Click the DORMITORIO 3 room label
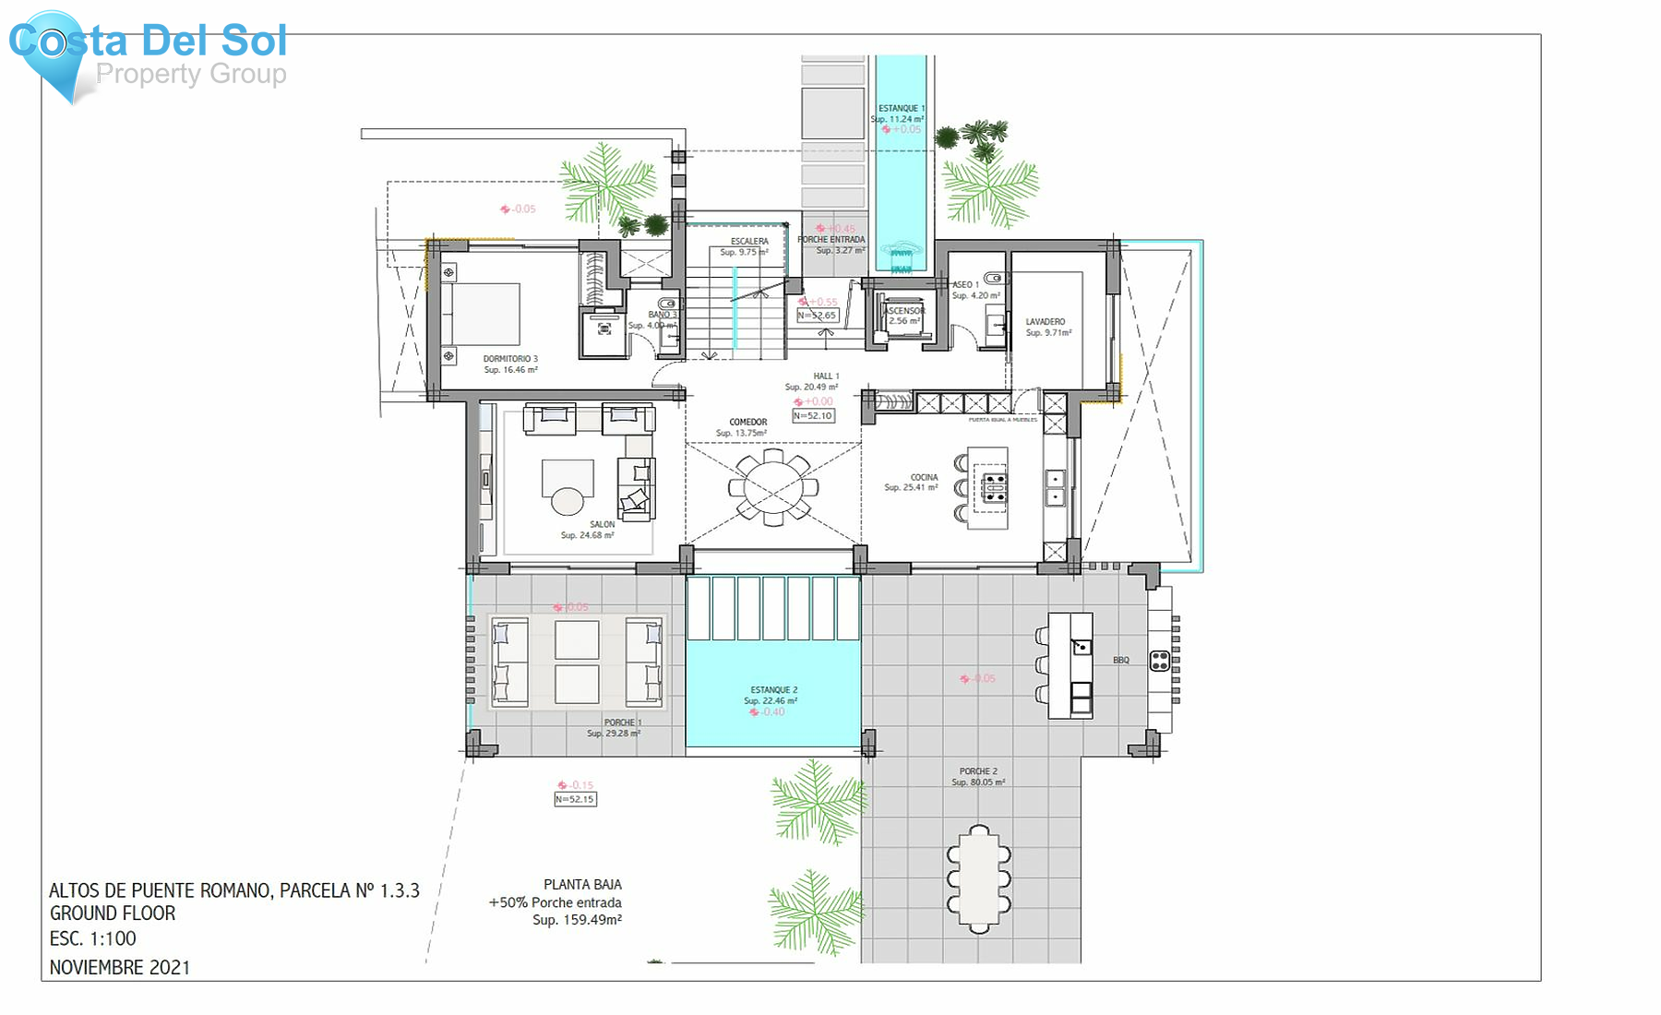(510, 359)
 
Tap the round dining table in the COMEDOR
(773, 487)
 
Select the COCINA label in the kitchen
(923, 477)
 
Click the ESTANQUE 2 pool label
(773, 690)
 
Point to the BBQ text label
(1120, 661)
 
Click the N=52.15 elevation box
(575, 799)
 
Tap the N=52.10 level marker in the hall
(813, 416)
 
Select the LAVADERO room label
(1045, 322)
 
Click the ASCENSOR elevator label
(904, 311)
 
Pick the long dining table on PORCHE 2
(978, 878)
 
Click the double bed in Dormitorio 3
(482, 314)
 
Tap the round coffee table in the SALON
(567, 501)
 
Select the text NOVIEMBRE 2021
(120, 967)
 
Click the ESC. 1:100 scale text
(92, 938)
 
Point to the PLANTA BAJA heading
(582, 884)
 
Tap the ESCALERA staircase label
(749, 242)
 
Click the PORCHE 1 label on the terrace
(623, 722)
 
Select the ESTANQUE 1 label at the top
(901, 109)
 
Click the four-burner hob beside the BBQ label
(1160, 661)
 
